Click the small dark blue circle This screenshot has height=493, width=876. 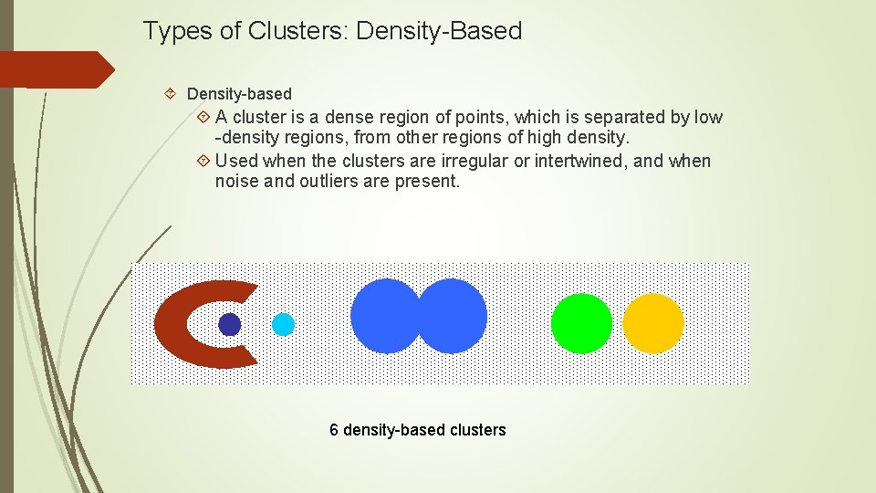click(230, 324)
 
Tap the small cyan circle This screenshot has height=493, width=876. click(284, 324)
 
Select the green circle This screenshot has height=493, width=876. click(581, 323)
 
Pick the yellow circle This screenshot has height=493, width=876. click(653, 323)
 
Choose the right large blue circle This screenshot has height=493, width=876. click(454, 316)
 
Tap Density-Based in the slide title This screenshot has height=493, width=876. click(439, 31)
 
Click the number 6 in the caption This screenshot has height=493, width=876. click(334, 430)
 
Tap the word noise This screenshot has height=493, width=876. click(236, 181)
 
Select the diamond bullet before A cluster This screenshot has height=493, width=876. click(203, 117)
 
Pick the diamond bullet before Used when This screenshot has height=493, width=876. click(203, 161)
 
